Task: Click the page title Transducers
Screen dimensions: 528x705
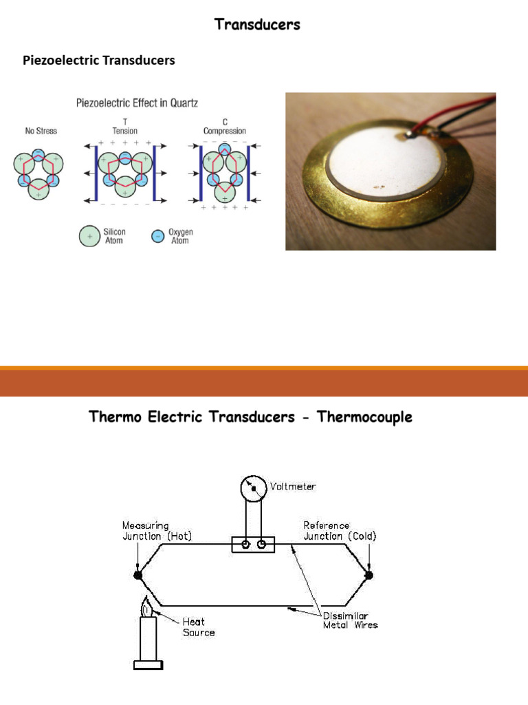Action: coord(257,25)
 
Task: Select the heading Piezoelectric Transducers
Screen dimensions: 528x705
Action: coord(99,61)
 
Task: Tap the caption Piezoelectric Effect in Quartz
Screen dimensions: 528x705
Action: coord(137,103)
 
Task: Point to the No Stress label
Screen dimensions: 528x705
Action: coord(41,131)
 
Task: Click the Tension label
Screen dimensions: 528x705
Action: coord(124,131)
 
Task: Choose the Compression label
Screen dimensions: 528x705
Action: coord(224,131)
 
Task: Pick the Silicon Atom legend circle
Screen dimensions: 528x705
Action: coord(89,236)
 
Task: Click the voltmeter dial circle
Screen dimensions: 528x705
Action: coord(252,489)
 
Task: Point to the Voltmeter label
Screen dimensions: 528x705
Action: coord(293,486)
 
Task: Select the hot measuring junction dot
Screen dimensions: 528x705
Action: coord(137,574)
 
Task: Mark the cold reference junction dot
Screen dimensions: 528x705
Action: coord(369,574)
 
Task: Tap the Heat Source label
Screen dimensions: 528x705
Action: coord(198,627)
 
